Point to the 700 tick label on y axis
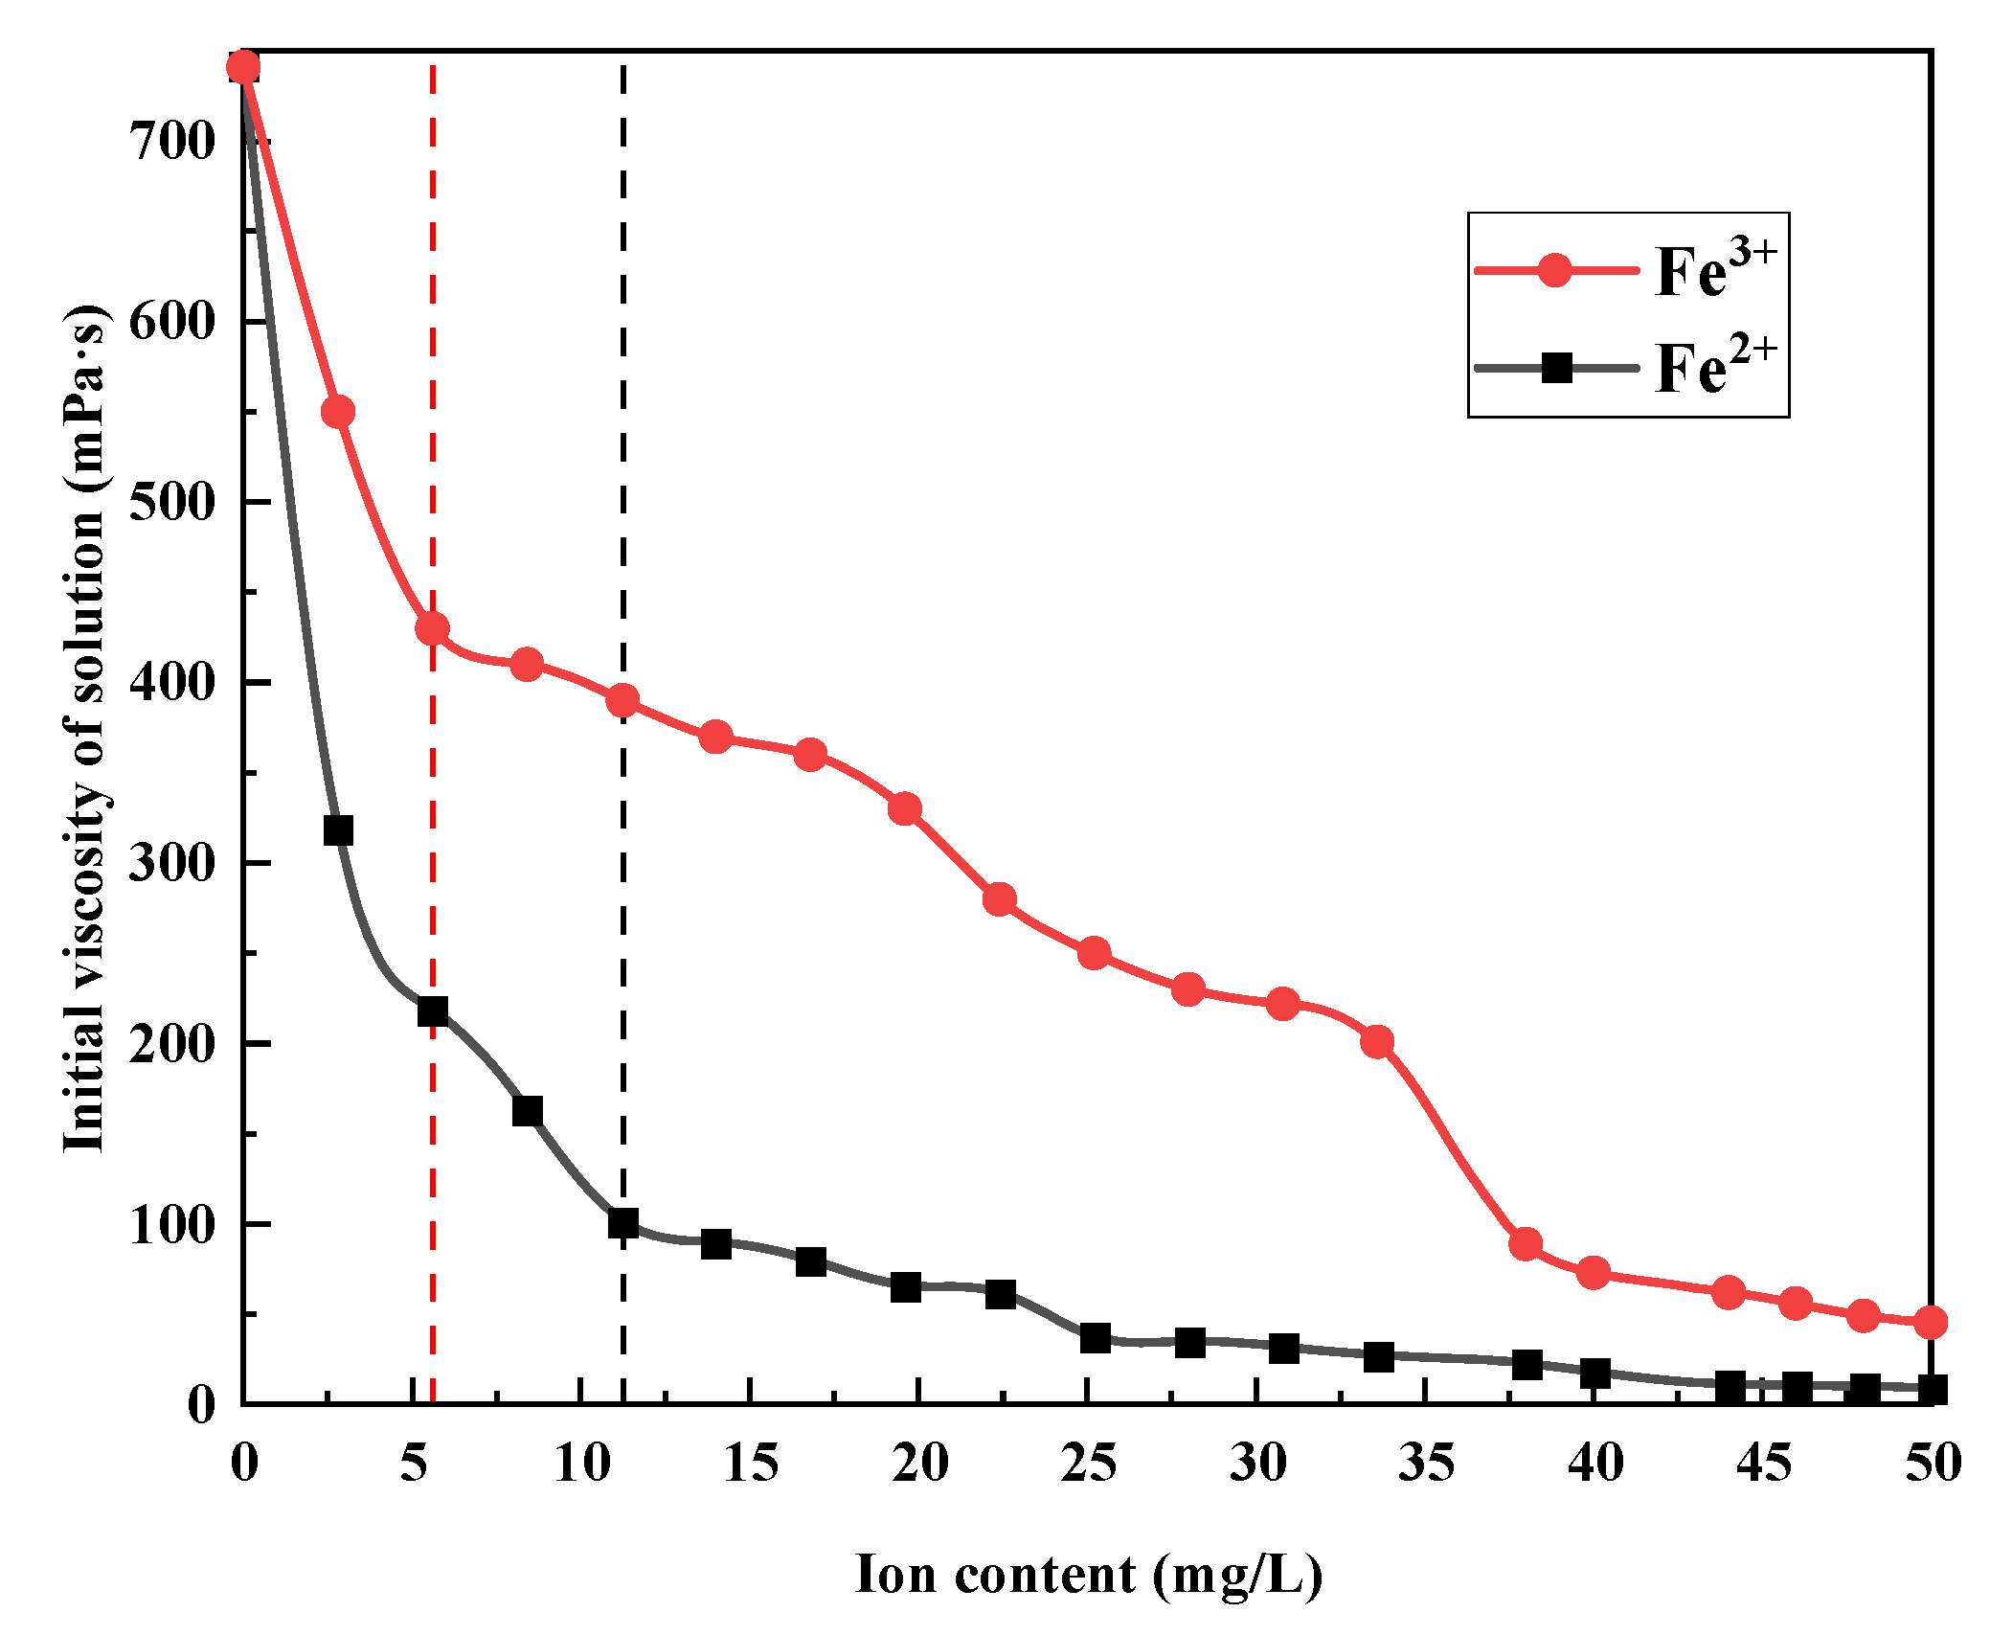click(x=172, y=142)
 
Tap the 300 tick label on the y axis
click(x=172, y=863)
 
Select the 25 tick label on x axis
click(x=1088, y=1464)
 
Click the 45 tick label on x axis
click(x=1764, y=1464)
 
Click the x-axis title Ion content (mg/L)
click(x=1088, y=1575)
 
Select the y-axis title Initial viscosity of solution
click(x=84, y=728)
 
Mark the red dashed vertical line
click(x=433, y=383)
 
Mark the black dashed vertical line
click(x=622, y=383)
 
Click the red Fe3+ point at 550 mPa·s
click(x=338, y=412)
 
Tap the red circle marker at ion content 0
click(x=243, y=67)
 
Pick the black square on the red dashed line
click(x=433, y=1011)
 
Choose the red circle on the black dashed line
click(x=622, y=700)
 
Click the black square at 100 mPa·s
click(x=622, y=1223)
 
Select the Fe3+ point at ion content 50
click(x=1931, y=1322)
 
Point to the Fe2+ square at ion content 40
click(x=1594, y=1373)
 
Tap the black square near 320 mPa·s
click(x=338, y=829)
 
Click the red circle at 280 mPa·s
click(x=999, y=899)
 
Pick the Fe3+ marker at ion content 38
click(x=1526, y=1244)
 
